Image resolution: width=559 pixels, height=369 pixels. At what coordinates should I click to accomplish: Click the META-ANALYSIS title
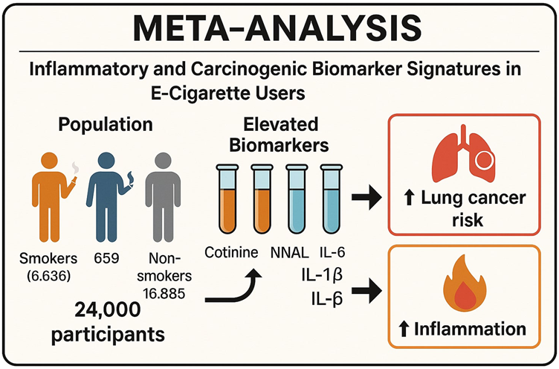tap(279, 29)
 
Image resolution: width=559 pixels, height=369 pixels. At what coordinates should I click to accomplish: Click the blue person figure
tap(104, 195)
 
